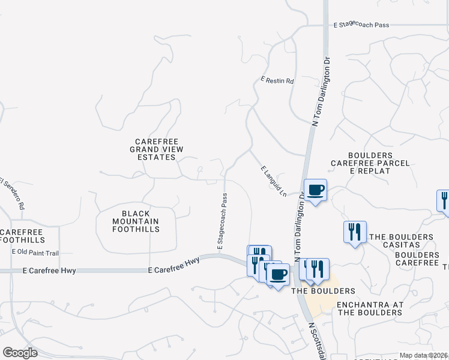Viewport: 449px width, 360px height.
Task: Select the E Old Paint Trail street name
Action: (x=35, y=251)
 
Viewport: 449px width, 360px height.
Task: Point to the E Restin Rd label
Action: (x=277, y=80)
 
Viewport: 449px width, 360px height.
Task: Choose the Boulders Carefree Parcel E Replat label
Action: (x=369, y=163)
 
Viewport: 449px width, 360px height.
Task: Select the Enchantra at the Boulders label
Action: (x=369, y=308)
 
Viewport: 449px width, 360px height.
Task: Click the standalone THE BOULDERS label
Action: (x=323, y=291)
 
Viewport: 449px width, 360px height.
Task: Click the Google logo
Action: (x=20, y=353)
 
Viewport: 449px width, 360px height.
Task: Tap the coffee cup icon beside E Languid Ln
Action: (x=316, y=190)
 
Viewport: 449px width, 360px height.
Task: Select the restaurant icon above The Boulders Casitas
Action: (x=355, y=232)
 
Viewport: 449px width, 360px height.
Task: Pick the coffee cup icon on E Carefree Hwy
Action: (x=277, y=274)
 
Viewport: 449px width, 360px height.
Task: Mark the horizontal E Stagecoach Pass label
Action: (x=361, y=25)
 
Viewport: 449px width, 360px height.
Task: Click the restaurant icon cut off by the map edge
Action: (x=444, y=200)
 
